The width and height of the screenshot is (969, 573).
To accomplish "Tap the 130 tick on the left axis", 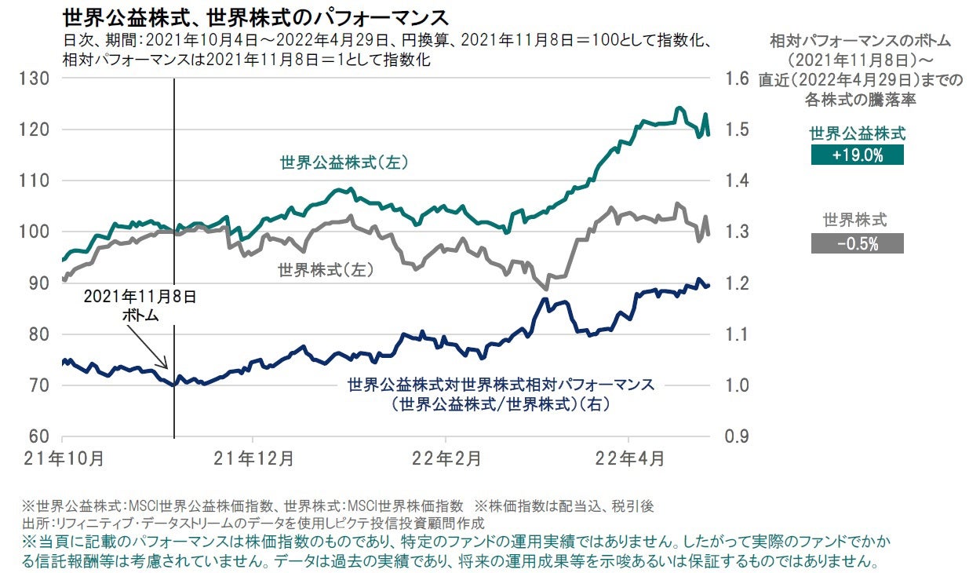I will [38, 78].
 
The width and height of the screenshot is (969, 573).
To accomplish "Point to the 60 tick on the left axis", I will [38, 436].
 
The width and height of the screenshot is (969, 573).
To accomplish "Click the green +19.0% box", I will [857, 155].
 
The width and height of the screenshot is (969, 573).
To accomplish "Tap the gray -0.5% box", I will [857, 243].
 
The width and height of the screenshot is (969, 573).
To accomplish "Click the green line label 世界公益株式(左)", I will [346, 162].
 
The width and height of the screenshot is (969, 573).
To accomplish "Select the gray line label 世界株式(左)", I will [325, 270].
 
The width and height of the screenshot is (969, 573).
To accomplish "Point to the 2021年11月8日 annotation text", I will [140, 298].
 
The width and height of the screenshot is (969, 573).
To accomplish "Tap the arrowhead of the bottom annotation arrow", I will [167, 367].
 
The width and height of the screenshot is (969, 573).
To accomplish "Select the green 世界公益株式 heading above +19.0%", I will [857, 133].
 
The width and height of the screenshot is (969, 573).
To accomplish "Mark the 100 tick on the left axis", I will [38, 232].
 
